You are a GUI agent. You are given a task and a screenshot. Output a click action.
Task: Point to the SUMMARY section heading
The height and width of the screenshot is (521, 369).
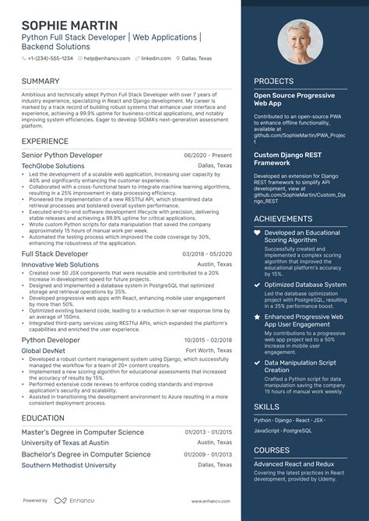[x=40, y=81]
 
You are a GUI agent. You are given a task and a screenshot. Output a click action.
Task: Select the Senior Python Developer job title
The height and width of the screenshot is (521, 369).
[x=61, y=156]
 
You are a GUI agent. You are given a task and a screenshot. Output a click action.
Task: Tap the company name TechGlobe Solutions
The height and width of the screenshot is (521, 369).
[x=53, y=166]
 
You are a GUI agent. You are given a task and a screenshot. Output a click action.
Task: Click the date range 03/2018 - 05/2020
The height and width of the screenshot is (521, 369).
[x=207, y=254]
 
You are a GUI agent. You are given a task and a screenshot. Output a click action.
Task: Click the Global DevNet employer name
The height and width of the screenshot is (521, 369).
[x=44, y=351]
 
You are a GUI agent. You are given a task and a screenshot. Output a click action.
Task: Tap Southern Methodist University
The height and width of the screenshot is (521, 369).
[x=69, y=465]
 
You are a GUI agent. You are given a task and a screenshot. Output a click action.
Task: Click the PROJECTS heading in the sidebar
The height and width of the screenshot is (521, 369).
[x=273, y=80]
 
